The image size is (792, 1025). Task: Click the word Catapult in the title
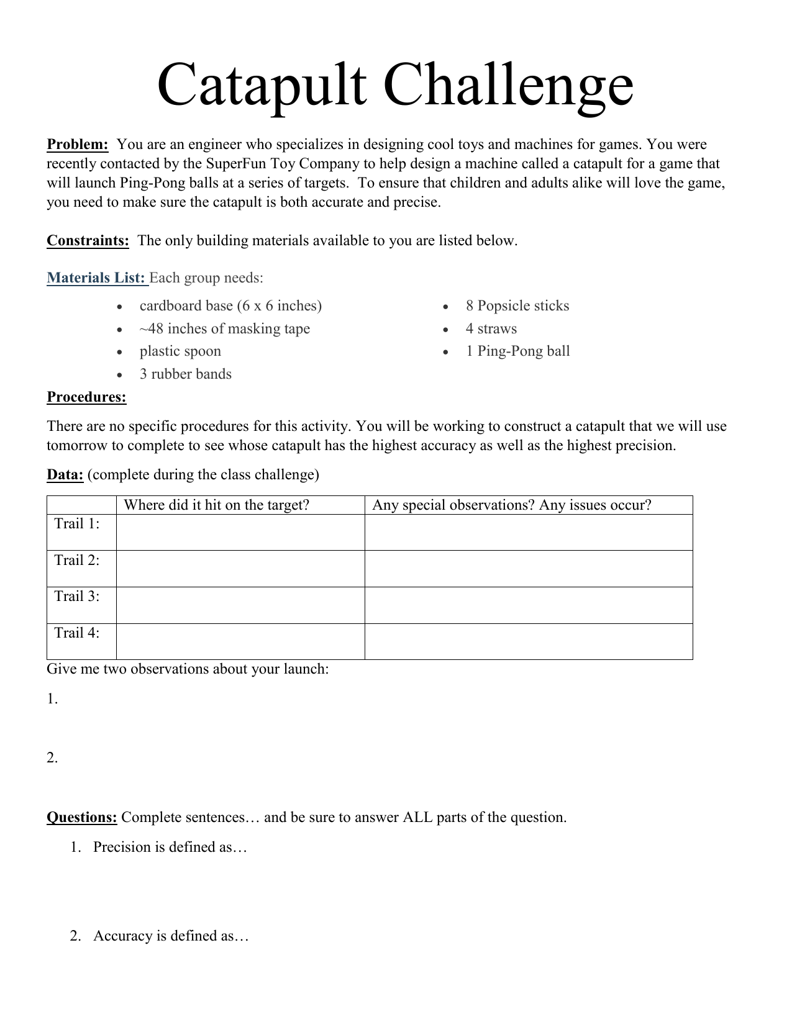coord(261,86)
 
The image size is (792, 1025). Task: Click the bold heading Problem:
coord(78,145)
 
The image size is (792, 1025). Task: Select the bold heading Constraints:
coord(88,241)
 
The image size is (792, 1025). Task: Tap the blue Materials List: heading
coord(96,278)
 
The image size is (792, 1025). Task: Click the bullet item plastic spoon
coord(180,351)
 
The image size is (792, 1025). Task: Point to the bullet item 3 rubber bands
coord(185,374)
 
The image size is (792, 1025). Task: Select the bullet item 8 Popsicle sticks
coord(517,306)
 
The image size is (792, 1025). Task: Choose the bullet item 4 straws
coord(491,329)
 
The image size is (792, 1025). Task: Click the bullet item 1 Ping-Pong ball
coord(517,351)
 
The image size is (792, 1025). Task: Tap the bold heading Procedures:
coord(86,397)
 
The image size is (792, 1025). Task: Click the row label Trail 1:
coord(77,524)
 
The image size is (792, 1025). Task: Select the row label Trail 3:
coord(77,597)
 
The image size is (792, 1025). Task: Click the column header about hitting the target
coord(216,505)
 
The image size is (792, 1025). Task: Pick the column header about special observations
coord(511,505)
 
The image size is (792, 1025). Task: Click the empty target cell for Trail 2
coord(240,569)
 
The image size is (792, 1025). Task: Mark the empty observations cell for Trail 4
coord(528,641)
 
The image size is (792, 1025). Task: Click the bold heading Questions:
coord(81,818)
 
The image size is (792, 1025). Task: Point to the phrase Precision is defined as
coord(170,847)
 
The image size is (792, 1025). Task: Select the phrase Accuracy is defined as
coord(170,936)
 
